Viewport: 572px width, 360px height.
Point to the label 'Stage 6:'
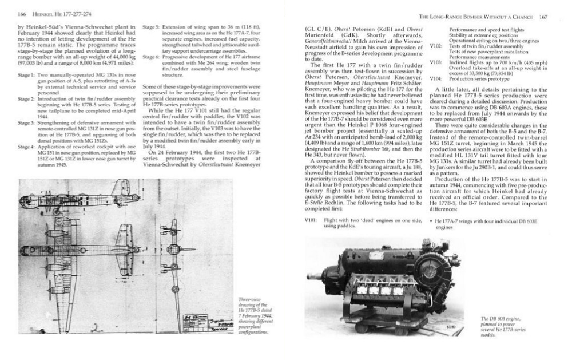click(x=151, y=58)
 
